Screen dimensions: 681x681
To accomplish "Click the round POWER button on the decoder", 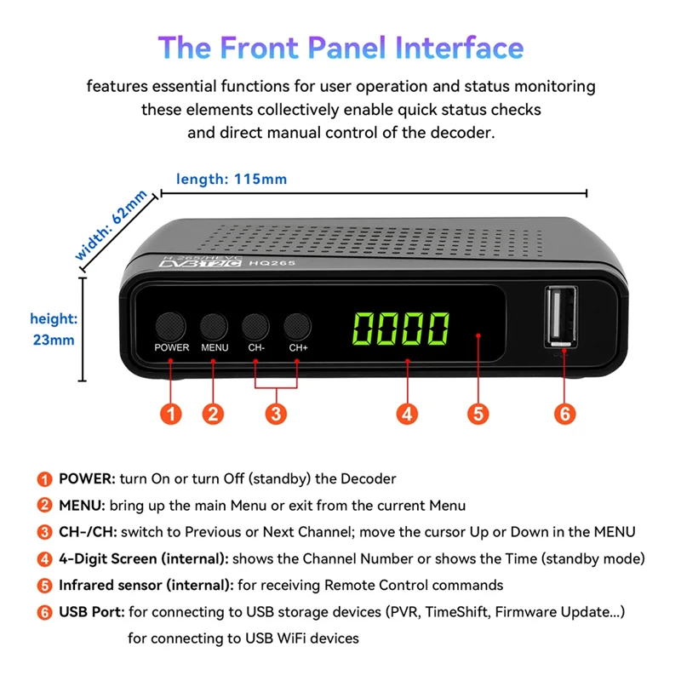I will click(171, 325).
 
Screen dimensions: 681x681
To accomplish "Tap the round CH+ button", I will click(297, 325).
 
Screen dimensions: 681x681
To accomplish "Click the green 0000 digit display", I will click(402, 327).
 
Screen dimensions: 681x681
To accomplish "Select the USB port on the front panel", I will click(561, 318).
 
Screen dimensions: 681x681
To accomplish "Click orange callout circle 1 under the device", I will click(171, 414).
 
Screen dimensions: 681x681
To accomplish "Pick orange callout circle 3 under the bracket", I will click(276, 414).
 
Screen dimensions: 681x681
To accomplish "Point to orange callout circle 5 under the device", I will click(478, 414).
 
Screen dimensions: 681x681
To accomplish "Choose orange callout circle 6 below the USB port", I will click(564, 414).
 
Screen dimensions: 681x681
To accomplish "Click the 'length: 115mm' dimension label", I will click(232, 179).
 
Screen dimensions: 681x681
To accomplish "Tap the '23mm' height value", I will click(54, 340).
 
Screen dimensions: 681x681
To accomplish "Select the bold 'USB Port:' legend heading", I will click(89, 612).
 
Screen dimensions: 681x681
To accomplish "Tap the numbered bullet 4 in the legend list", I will click(43, 559).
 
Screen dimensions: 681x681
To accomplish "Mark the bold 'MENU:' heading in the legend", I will click(81, 506).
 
